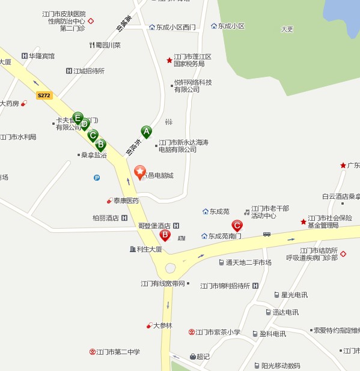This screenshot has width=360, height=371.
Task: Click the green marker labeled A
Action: (x=146, y=131)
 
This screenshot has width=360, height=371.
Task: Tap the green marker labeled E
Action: (x=78, y=117)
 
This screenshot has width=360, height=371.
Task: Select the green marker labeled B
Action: (x=100, y=144)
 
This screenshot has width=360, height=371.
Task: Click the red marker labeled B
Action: (x=165, y=235)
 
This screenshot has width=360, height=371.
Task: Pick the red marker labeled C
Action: (x=237, y=226)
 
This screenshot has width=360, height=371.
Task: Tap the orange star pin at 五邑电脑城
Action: (x=139, y=172)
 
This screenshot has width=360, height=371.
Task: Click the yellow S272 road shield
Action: (x=43, y=95)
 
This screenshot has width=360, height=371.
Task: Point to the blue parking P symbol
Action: (x=97, y=177)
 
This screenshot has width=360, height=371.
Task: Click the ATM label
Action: (x=182, y=238)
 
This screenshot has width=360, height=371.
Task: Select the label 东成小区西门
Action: (x=172, y=27)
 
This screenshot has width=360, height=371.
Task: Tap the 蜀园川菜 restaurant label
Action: (x=108, y=45)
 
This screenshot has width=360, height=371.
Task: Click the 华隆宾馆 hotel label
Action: (x=41, y=56)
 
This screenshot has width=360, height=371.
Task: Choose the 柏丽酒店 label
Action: (x=106, y=218)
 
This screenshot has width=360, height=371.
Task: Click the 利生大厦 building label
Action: (x=149, y=249)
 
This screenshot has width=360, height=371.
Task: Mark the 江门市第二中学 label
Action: (x=118, y=352)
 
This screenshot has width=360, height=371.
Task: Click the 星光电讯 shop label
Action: (x=294, y=295)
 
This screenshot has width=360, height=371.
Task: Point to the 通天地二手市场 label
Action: (x=248, y=262)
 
